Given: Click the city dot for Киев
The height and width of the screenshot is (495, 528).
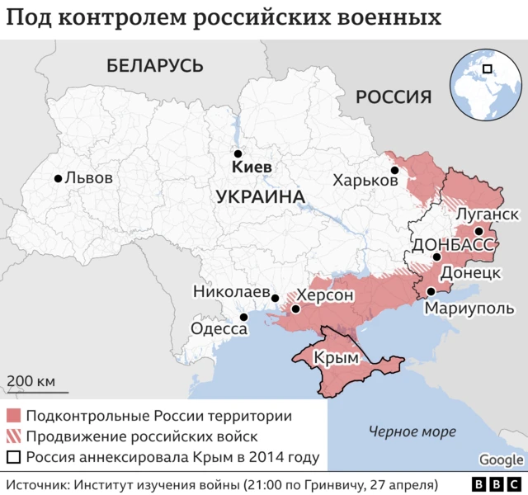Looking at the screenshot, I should click(238, 153).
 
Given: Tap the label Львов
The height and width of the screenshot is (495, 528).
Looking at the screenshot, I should click(88, 177).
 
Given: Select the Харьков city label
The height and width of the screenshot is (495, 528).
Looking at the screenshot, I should click(365, 180).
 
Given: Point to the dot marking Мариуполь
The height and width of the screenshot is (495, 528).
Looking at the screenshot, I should click(431, 292).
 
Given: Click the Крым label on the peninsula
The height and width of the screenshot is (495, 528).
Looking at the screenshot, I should click(342, 359).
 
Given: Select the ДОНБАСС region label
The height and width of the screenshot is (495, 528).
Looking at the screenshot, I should click(452, 244).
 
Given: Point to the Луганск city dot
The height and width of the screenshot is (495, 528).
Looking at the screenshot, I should click(478, 231).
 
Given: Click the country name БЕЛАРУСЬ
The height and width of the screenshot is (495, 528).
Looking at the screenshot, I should click(154, 65).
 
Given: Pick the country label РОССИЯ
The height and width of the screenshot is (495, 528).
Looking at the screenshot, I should click(394, 97).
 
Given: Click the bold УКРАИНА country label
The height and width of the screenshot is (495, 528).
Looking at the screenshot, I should click(259, 197).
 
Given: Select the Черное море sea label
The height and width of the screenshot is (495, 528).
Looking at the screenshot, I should click(412, 431).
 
